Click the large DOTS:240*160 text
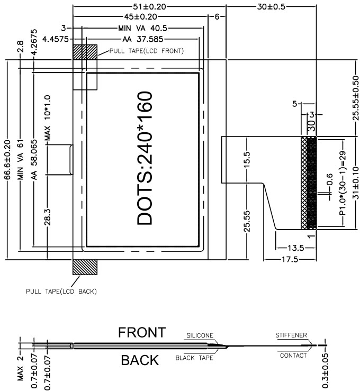[145, 158]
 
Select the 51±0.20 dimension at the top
[149, 7]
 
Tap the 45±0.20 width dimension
[141, 17]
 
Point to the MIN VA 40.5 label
[142, 28]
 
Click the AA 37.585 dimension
[142, 39]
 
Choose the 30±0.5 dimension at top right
[271, 7]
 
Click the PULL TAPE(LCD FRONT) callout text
[147, 51]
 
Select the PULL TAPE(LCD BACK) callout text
[61, 291]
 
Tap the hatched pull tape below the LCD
[85, 267]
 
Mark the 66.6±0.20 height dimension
[7, 160]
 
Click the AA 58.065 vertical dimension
[34, 160]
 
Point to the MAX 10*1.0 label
[47, 117]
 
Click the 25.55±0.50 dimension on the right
[356, 98]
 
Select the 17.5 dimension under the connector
[290, 260]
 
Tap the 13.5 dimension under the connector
[295, 248]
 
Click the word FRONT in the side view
[142, 332]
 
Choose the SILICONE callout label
[200, 335]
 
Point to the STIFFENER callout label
[291, 335]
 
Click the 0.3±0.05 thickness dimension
[326, 371]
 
